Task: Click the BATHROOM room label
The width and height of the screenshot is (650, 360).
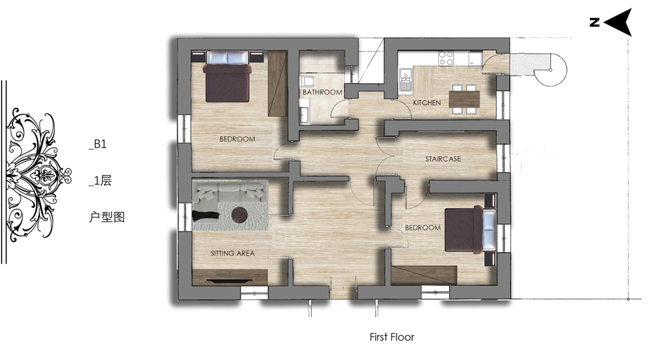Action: pyautogui.click(x=322, y=92)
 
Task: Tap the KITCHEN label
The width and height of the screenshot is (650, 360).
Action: pyautogui.click(x=427, y=102)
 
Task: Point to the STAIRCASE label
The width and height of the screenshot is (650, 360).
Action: pyautogui.click(x=443, y=159)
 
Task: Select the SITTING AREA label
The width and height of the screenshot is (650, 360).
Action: pyautogui.click(x=233, y=253)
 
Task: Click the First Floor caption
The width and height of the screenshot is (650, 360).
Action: pyautogui.click(x=392, y=337)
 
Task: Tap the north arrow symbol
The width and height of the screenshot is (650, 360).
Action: pyautogui.click(x=618, y=22)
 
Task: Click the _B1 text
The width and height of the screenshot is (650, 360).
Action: pyautogui.click(x=98, y=144)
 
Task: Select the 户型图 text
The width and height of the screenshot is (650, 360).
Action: pyautogui.click(x=106, y=217)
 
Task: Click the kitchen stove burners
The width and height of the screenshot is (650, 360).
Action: pyautogui.click(x=446, y=58)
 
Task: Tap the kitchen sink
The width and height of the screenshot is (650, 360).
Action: pyautogui.click(x=405, y=79)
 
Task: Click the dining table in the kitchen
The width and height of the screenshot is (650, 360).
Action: pyautogui.click(x=464, y=99)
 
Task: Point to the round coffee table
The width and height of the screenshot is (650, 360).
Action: pyautogui.click(x=239, y=215)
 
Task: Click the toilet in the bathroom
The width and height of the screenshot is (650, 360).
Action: pyautogui.click(x=308, y=81)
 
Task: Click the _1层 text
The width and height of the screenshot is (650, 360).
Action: pyautogui.click(x=100, y=181)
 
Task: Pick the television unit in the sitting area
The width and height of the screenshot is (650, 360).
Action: pyautogui.click(x=230, y=277)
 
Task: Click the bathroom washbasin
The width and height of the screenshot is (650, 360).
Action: pyautogui.click(x=304, y=115)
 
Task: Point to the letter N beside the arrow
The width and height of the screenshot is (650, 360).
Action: pyautogui.click(x=594, y=22)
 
